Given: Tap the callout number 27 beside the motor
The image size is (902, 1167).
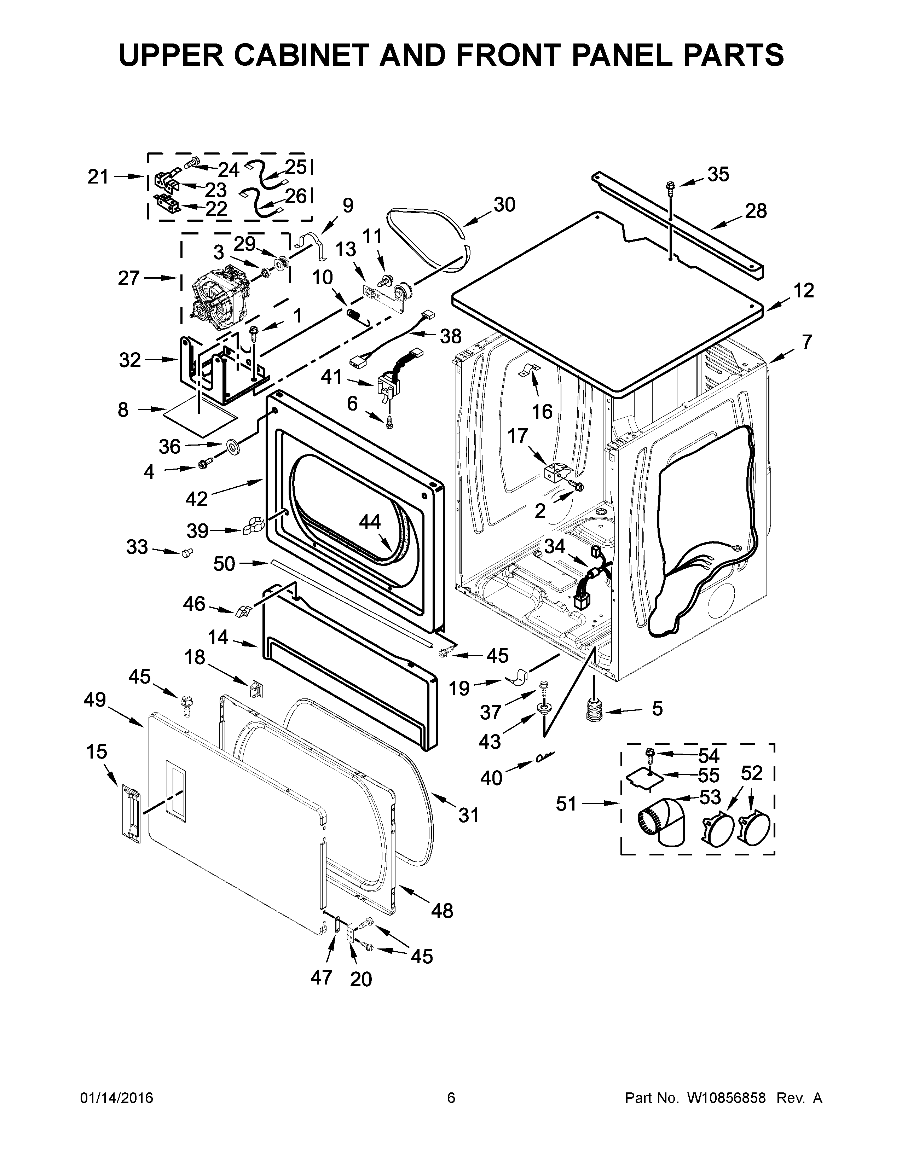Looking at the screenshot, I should (129, 278).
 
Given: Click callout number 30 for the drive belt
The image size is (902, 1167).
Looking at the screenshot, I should (504, 205).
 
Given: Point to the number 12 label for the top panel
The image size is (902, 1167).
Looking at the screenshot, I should (803, 291).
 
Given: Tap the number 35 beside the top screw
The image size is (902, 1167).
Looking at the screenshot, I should (718, 175).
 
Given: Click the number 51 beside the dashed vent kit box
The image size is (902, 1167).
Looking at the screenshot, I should (566, 803).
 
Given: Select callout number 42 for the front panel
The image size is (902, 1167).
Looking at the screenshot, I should (196, 499).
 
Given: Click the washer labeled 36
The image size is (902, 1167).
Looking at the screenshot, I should (233, 445).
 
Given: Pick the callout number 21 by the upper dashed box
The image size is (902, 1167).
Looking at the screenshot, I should (98, 176).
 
